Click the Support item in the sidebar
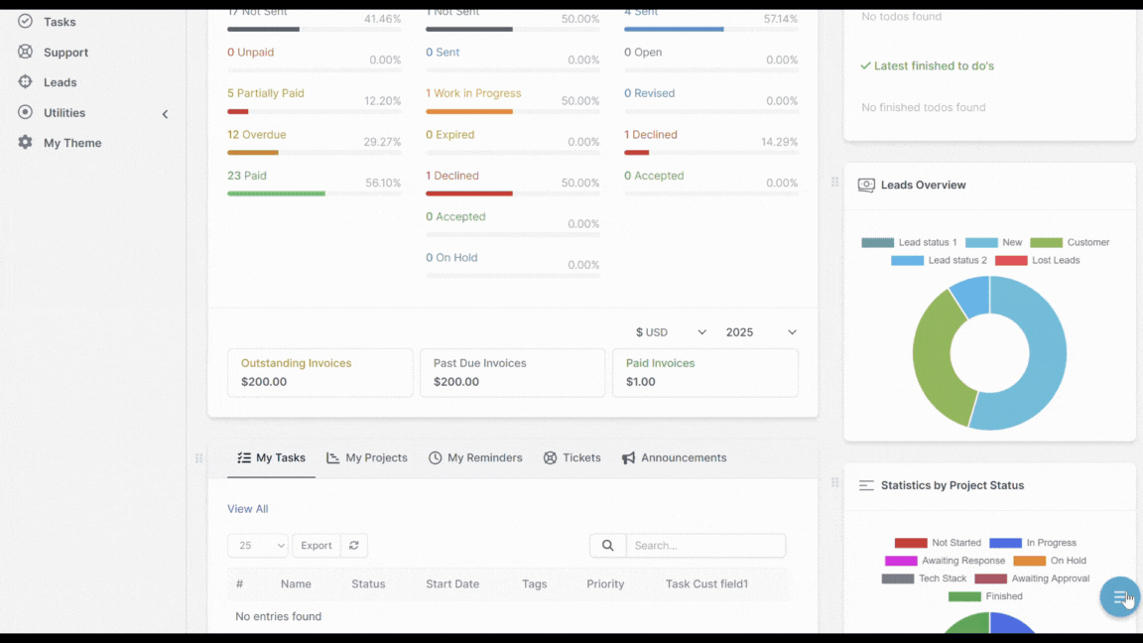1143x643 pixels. [65, 53]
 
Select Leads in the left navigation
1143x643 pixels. [60, 82]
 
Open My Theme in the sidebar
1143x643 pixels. [71, 143]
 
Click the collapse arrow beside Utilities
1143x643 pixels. [165, 114]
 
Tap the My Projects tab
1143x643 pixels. [367, 458]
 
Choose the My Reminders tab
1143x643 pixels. [475, 458]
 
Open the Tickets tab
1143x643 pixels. [572, 458]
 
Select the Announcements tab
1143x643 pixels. [675, 458]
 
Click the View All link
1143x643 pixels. [247, 509]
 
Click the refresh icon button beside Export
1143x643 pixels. [354, 546]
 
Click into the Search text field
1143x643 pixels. [705, 546]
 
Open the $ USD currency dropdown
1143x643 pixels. [671, 332]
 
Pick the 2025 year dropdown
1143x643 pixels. [761, 332]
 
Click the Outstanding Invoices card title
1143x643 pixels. [296, 363]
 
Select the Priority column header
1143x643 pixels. [605, 584]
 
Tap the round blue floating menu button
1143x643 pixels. [1119, 596]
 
